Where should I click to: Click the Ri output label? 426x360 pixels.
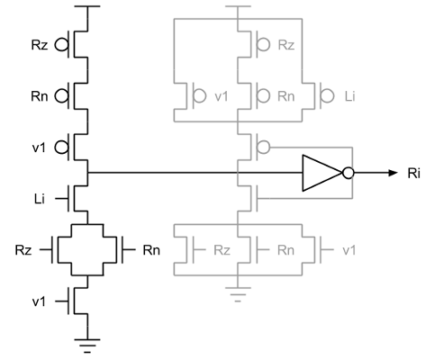[413, 174]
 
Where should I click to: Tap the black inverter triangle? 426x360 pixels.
[322, 173]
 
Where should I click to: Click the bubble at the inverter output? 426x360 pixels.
[349, 173]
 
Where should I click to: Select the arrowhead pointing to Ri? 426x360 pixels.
[393, 173]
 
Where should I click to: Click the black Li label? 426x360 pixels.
[40, 199]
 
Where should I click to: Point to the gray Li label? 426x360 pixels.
[349, 96]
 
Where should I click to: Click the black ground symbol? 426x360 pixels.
[87, 346]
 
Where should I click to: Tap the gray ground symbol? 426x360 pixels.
[238, 294]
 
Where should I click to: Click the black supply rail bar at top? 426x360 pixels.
[87, 6]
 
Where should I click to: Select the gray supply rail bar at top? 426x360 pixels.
[238, 6]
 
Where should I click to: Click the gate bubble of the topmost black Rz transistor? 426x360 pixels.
[61, 45]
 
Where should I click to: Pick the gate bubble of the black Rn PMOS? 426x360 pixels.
[61, 96]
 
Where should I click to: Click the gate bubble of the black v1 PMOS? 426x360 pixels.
[61, 148]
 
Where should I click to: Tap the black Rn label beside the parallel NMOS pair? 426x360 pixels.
[151, 250]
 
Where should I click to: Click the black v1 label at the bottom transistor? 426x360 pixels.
[39, 301]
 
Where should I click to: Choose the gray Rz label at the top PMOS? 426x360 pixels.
[286, 45]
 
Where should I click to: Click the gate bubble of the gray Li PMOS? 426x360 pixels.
[327, 96]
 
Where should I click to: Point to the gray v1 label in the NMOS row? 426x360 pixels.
[349, 250]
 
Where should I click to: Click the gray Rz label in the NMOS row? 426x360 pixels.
[222, 250]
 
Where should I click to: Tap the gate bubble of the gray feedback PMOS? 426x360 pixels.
[263, 148]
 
